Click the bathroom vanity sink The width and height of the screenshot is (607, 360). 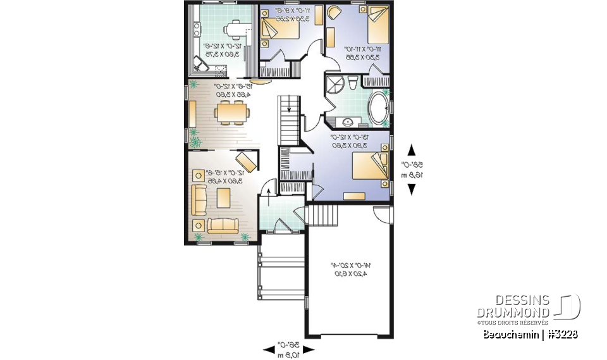[348, 121]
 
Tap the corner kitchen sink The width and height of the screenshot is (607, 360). [201, 63]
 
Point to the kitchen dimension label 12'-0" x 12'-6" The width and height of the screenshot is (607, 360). [217, 49]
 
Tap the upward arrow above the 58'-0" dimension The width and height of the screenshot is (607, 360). [412, 150]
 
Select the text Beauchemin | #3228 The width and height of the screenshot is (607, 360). [530, 333]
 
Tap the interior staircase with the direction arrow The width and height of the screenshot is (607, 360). [288, 120]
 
